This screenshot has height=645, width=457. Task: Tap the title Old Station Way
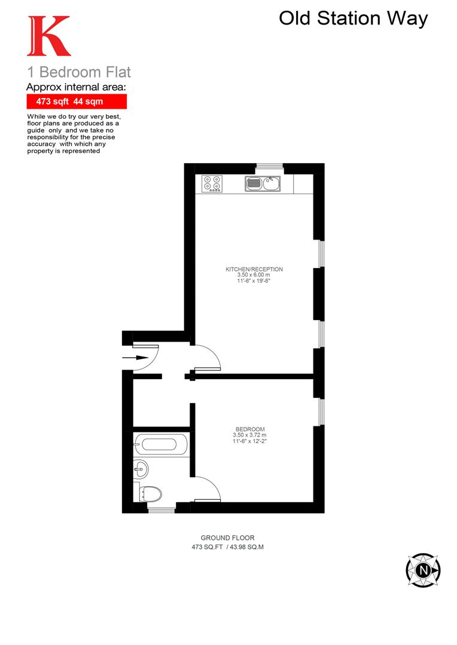(x=353, y=19)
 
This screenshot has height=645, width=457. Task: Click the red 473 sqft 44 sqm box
(x=77, y=102)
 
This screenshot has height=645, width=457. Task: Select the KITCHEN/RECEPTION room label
(x=254, y=269)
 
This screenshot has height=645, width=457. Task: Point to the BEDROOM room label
(x=250, y=429)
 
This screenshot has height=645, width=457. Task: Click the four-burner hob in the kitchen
(x=211, y=183)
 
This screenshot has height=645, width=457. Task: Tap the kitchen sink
(x=262, y=183)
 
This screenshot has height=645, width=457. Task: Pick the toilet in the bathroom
(x=150, y=493)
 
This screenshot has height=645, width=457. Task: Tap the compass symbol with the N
(x=423, y=569)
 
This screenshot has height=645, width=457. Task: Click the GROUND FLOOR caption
(x=227, y=538)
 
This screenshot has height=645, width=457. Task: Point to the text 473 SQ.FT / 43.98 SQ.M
(x=227, y=547)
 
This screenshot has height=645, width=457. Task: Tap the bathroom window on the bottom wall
(x=162, y=509)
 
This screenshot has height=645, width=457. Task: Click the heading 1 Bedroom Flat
(x=79, y=73)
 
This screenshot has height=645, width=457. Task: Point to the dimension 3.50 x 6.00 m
(x=254, y=276)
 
